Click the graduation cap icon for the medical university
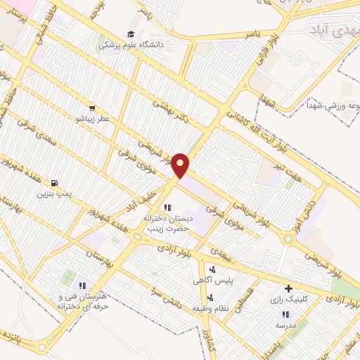tap(131, 34)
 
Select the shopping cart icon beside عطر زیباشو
tap(92, 108)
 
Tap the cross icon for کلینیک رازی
tap(288, 288)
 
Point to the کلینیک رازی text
tap(286, 299)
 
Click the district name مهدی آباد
tap(331, 29)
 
